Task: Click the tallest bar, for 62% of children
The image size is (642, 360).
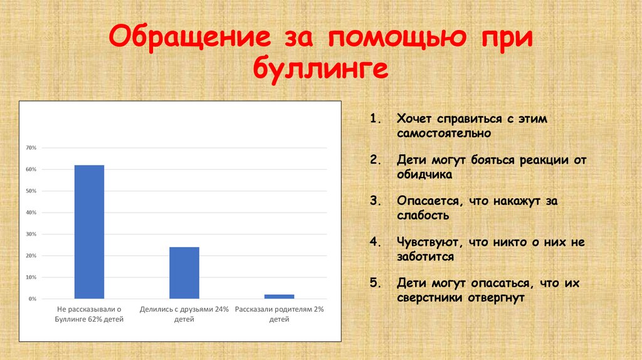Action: click(x=89, y=231)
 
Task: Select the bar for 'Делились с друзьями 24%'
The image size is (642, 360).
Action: click(x=184, y=273)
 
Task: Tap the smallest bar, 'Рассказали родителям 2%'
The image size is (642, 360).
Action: click(x=279, y=296)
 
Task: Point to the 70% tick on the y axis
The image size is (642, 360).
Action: click(x=31, y=148)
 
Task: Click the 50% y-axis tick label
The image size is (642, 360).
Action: click(x=31, y=191)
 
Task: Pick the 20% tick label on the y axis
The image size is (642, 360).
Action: click(x=31, y=256)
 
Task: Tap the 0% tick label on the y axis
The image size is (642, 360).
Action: click(x=33, y=299)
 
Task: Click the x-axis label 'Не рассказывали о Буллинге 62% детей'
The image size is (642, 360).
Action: click(x=89, y=314)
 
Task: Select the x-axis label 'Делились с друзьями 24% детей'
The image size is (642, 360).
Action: click(x=184, y=314)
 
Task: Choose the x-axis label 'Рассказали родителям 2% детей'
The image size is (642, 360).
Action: click(x=279, y=314)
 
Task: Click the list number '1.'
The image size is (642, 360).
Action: click(x=376, y=119)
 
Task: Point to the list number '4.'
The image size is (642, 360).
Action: click(x=376, y=241)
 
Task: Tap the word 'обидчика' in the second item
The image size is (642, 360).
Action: click(x=424, y=175)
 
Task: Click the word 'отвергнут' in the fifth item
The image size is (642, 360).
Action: click(x=495, y=298)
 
